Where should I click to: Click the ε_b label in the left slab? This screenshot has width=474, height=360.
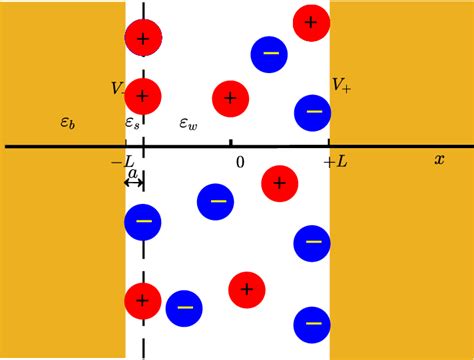[66, 123]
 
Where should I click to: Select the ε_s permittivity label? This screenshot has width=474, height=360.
[133, 123]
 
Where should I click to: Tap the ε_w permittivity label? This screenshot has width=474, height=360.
[187, 123]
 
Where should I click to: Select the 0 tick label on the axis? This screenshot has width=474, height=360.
[238, 161]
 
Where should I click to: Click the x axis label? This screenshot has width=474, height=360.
[438, 159]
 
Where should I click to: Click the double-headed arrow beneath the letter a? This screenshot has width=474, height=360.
[134, 184]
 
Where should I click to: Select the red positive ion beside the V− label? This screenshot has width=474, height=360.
[143, 96]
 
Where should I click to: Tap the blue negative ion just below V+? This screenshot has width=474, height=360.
[313, 112]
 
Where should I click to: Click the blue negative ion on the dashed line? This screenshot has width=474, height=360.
[143, 222]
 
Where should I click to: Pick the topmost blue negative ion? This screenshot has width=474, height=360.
[269, 54]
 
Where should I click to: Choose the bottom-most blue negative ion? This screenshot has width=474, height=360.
[312, 324]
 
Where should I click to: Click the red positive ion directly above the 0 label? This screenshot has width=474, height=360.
[230, 98]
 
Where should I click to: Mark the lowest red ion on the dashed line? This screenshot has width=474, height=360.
[143, 300]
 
